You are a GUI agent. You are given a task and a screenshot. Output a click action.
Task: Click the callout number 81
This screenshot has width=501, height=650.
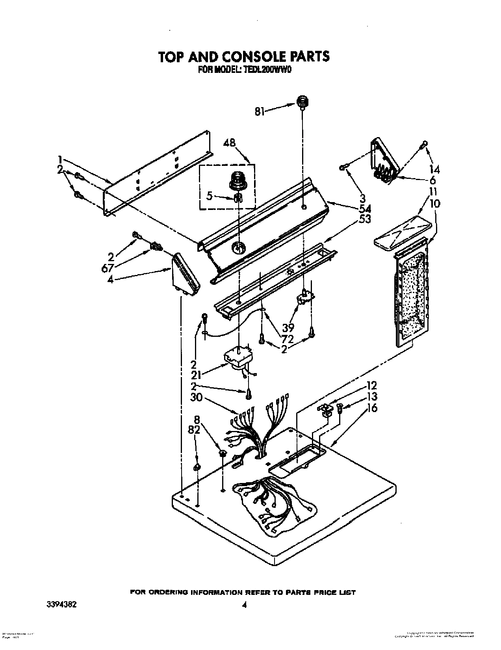[x=259, y=112]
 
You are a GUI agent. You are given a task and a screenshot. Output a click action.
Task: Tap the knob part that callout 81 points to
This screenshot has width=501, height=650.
[x=302, y=102]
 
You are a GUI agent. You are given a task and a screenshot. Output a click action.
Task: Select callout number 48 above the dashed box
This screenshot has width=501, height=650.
[x=231, y=143]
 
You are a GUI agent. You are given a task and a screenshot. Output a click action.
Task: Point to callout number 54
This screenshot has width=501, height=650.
[x=365, y=208]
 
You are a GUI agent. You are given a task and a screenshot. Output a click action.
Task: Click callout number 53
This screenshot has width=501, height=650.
[x=365, y=219]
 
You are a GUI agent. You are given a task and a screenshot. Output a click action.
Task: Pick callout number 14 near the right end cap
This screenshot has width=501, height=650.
[x=434, y=170]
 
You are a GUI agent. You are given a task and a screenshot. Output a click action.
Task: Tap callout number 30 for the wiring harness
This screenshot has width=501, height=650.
[x=197, y=397]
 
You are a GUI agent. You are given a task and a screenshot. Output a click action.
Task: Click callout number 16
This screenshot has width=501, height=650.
[x=372, y=408]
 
